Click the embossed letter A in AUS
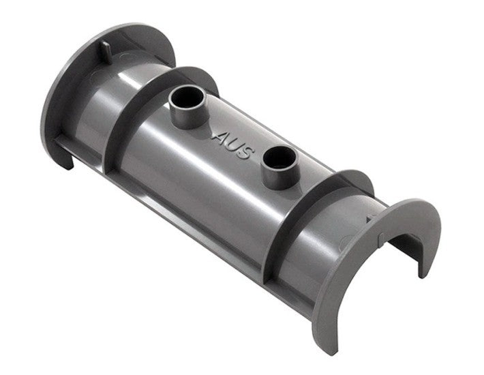[x=218, y=138]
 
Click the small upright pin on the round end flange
[x=105, y=51]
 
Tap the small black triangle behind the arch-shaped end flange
[x=369, y=220]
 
